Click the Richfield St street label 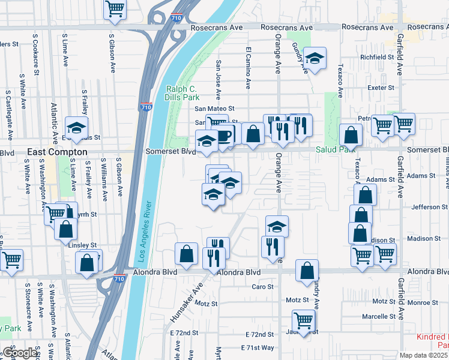click(376, 57)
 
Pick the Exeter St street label click(381, 88)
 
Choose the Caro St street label click(262, 287)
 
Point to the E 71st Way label click(257, 348)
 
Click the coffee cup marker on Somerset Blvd click(223, 136)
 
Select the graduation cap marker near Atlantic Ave click(76, 127)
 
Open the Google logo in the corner click(20, 353)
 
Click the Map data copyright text click(424, 355)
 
